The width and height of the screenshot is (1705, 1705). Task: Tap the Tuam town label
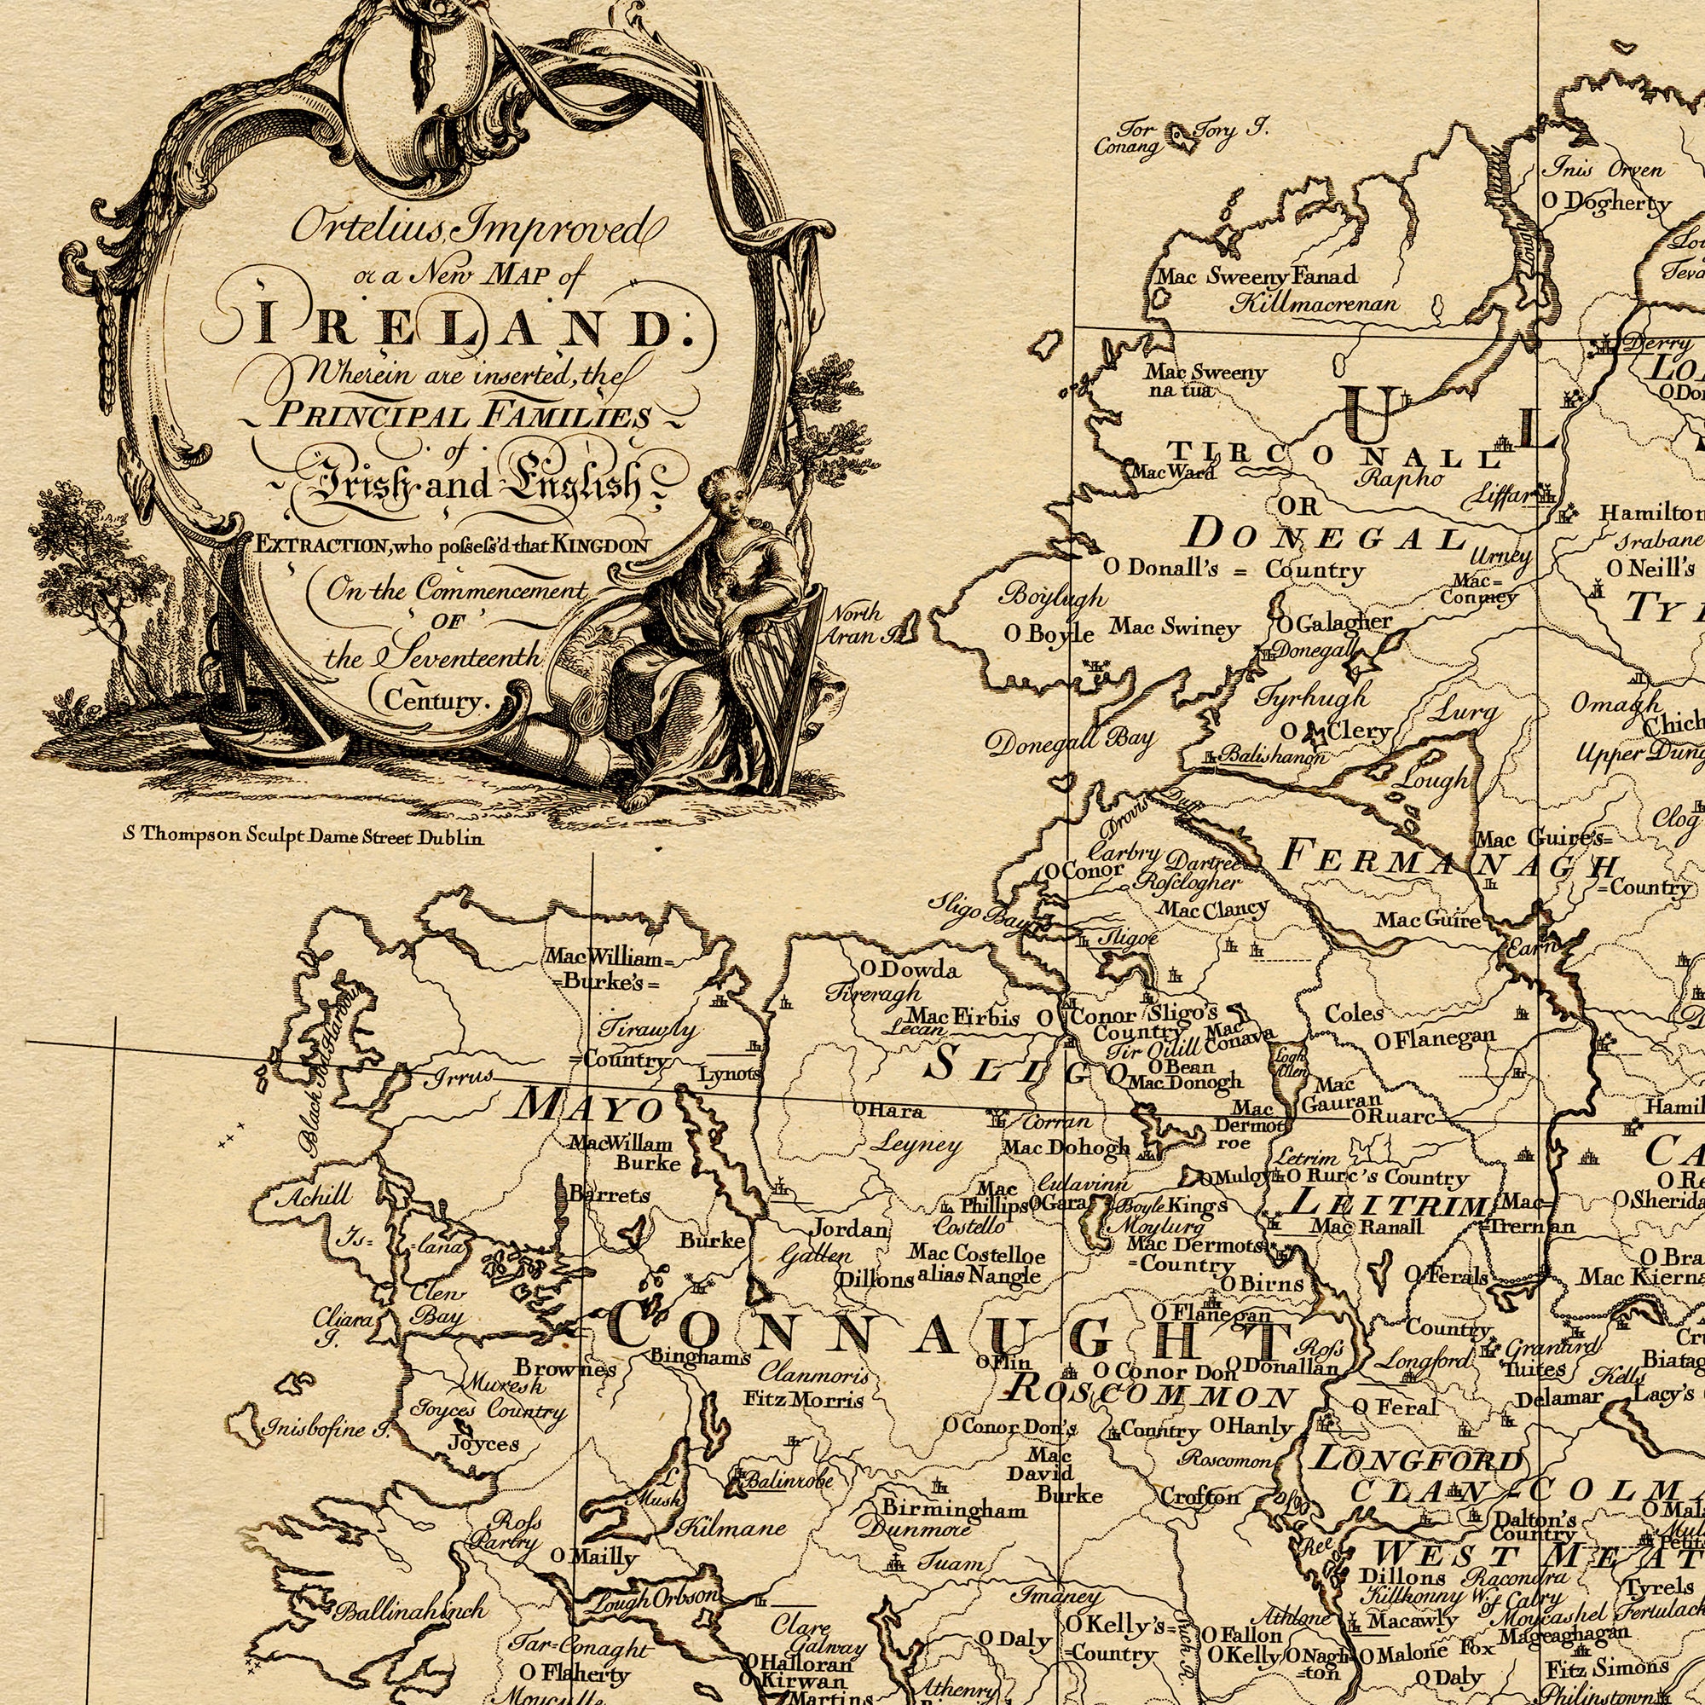[x=951, y=1561]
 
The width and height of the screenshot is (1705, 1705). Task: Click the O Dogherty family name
[x=1606, y=203]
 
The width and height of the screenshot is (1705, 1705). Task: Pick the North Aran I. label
[x=854, y=625]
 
